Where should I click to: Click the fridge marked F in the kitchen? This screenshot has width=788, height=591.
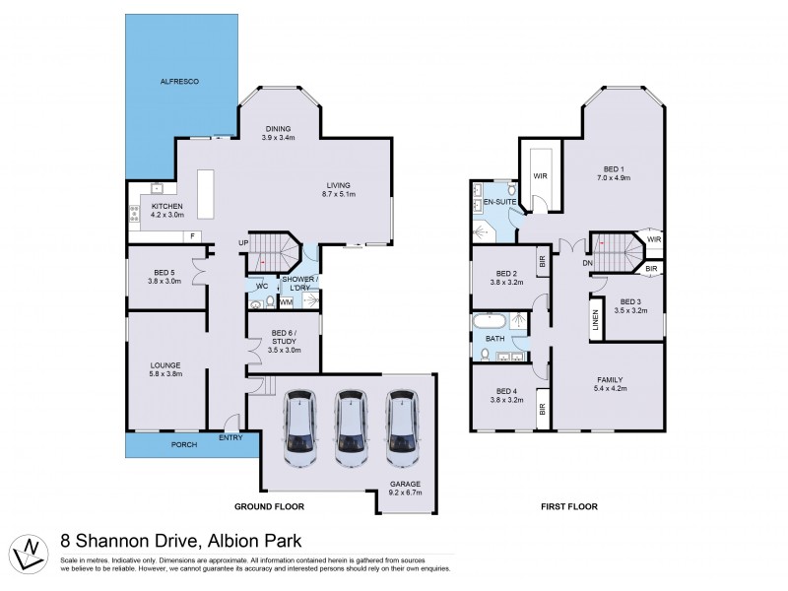(193, 237)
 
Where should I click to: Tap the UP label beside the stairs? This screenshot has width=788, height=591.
(242, 243)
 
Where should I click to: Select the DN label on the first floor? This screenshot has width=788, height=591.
(586, 263)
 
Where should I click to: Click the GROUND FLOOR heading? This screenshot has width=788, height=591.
(268, 506)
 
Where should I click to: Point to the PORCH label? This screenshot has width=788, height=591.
(184, 444)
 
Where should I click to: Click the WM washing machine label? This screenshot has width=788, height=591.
(287, 301)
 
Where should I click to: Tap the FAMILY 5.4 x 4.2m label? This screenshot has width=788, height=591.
(608, 385)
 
